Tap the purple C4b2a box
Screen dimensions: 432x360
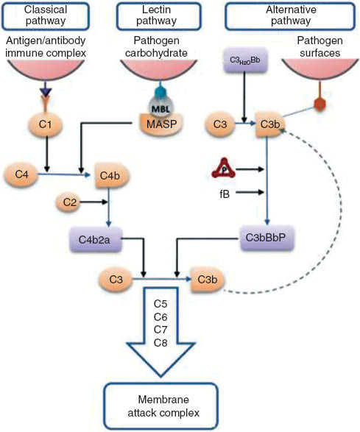[94, 241]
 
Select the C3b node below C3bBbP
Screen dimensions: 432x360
[210, 280]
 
